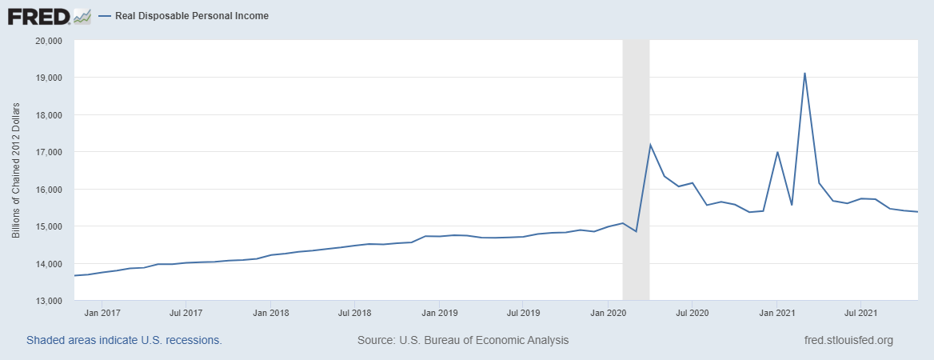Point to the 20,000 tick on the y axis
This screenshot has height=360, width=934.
[50, 41]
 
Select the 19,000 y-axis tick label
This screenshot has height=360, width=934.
[50, 78]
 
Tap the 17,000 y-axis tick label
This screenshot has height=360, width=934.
[50, 152]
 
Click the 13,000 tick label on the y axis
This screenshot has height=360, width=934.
[50, 302]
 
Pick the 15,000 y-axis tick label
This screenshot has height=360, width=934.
[50, 226]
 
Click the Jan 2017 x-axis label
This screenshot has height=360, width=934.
[102, 313]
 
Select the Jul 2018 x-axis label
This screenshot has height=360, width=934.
[353, 313]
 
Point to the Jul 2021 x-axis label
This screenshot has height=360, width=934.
[858, 313]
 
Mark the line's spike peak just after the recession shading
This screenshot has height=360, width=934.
[650, 145]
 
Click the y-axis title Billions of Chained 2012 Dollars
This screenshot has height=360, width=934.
[16, 170]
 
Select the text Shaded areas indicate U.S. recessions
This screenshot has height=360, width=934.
[124, 340]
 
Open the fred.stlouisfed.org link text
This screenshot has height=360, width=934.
[848, 340]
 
